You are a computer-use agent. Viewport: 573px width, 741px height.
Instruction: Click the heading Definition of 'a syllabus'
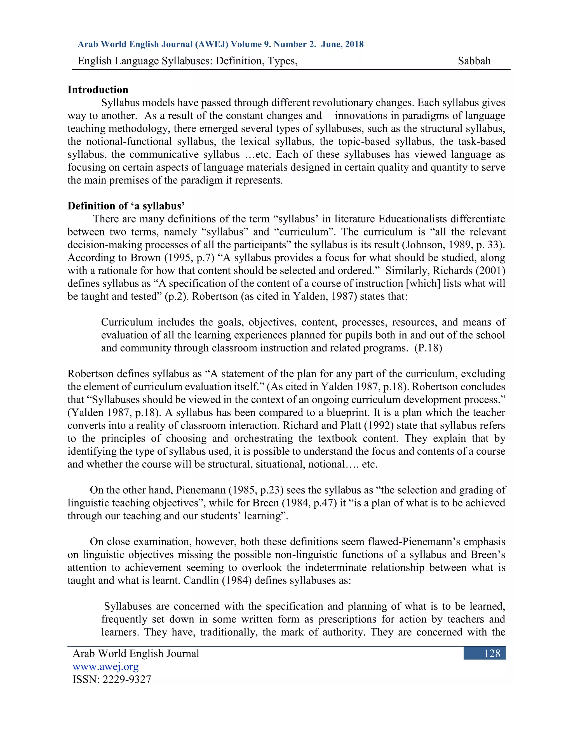click(126, 206)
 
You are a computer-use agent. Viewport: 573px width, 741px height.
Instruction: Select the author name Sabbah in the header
click(474, 61)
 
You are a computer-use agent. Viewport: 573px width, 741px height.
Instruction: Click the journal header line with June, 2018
click(221, 44)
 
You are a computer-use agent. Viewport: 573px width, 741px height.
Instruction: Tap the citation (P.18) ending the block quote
click(428, 348)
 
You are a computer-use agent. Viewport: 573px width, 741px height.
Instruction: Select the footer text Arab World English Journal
click(136, 654)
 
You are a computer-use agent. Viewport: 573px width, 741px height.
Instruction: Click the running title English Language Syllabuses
click(187, 61)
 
